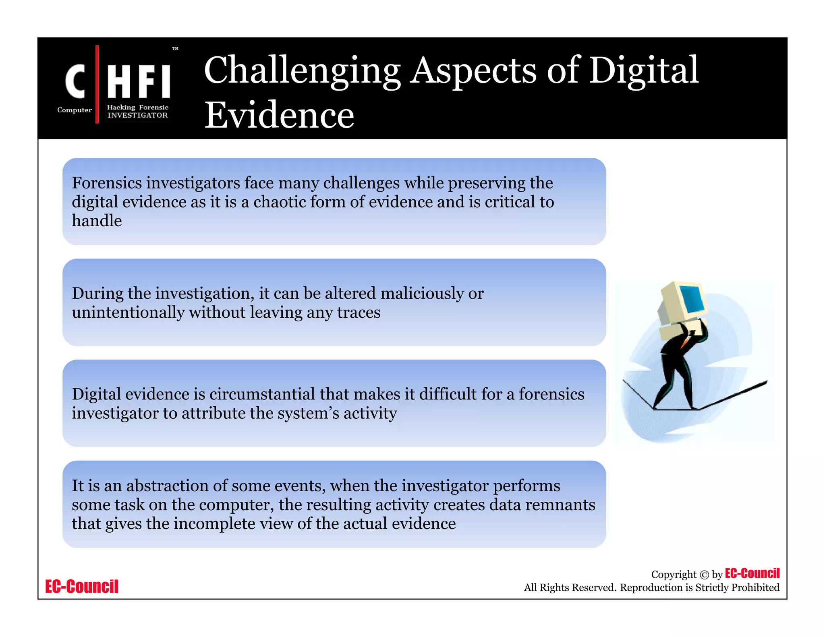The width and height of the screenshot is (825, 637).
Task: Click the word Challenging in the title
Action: [302, 71]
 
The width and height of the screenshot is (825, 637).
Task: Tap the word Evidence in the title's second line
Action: [279, 115]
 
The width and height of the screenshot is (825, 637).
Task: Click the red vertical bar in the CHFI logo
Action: [97, 84]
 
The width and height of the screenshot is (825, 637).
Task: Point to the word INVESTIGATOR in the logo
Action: [137, 116]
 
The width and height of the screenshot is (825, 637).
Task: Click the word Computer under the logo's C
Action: [75, 110]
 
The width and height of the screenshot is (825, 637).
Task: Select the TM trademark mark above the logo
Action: [175, 49]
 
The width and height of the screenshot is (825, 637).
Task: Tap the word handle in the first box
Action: [97, 221]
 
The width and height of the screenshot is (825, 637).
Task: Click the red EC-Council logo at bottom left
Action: [82, 587]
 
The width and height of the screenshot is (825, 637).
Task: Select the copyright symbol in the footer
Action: [704, 575]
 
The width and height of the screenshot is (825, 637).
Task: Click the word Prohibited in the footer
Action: [755, 587]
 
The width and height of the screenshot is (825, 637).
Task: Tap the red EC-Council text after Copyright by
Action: [752, 573]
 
